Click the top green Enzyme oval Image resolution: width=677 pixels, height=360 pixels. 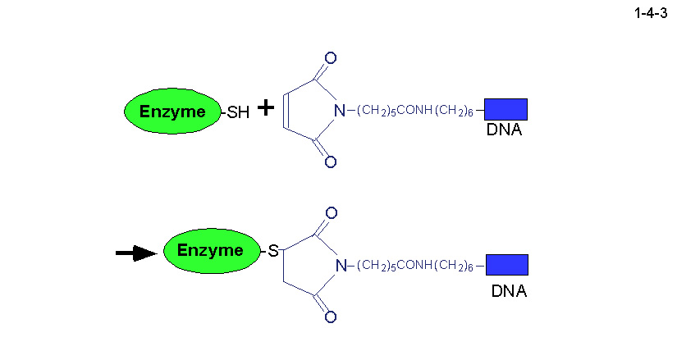(x=173, y=112)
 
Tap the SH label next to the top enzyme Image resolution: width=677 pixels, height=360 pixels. (x=238, y=112)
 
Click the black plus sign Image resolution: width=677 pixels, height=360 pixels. (x=265, y=107)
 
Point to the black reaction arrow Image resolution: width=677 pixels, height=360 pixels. (x=135, y=253)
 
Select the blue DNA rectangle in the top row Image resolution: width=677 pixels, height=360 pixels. (x=505, y=109)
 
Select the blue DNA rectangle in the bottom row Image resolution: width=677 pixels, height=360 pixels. (x=507, y=264)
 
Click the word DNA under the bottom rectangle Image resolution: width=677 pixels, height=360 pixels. (x=509, y=291)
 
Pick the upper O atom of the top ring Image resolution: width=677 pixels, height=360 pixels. (x=330, y=59)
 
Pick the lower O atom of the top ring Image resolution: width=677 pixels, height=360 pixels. (x=330, y=162)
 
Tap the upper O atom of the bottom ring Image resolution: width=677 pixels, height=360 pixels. (x=331, y=214)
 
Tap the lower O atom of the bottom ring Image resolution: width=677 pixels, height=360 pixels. (x=331, y=317)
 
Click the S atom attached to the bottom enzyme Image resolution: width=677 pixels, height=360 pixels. (x=274, y=251)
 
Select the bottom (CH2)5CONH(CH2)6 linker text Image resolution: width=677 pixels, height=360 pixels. (x=416, y=266)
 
